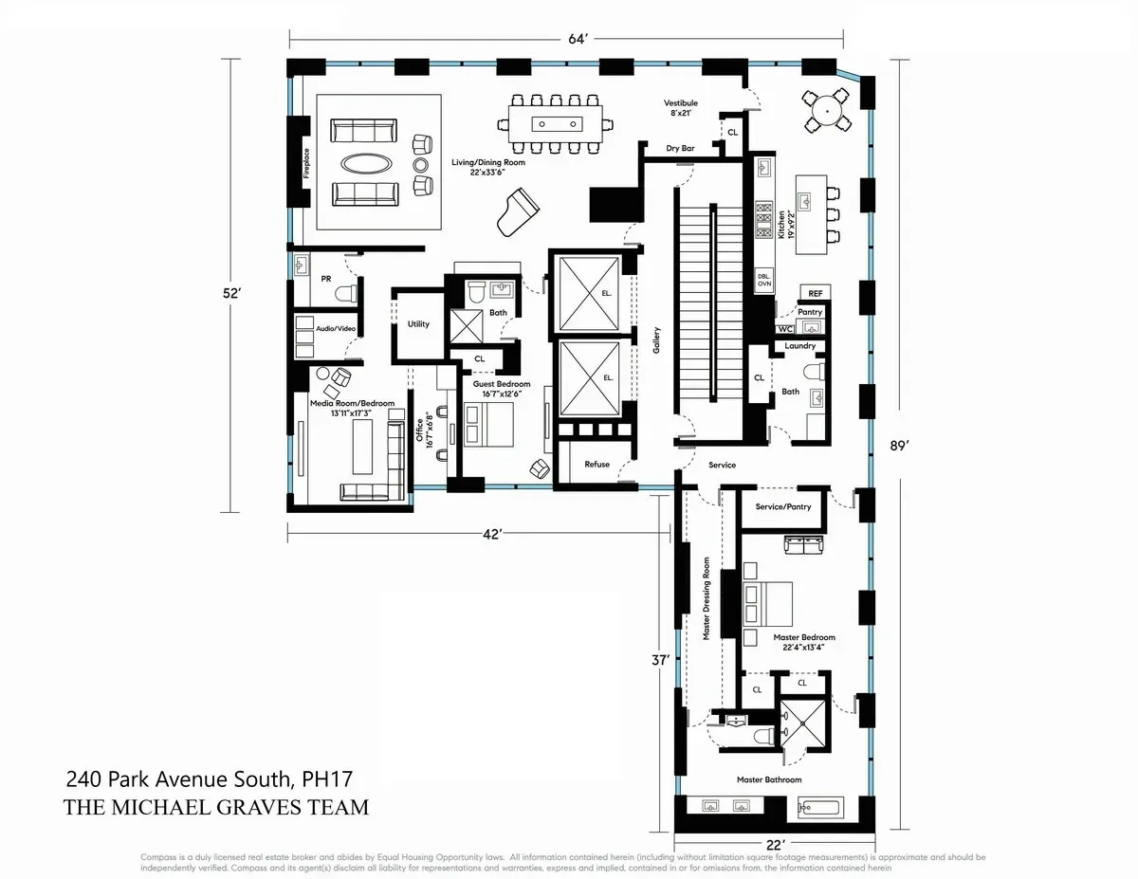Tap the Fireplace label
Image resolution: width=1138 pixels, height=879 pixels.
pos(306,162)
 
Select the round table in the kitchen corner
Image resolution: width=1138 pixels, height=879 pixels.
pos(829,111)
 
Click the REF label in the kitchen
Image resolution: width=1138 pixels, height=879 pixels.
pos(815,293)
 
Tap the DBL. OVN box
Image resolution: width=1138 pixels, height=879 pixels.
pos(764,280)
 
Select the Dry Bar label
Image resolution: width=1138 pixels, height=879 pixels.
pos(681,149)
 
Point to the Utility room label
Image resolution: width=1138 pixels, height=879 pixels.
pos(418,324)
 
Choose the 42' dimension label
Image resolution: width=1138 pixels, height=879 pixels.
pos(491,534)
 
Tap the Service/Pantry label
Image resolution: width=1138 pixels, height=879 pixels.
pos(783,506)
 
